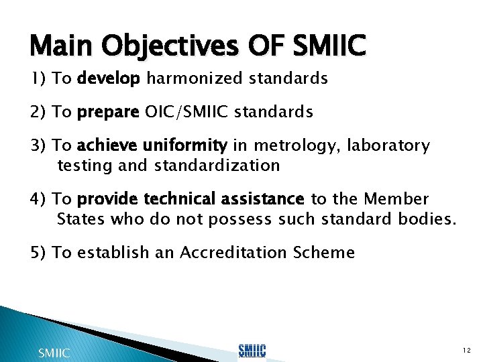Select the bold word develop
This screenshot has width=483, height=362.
pyautogui.click(x=109, y=79)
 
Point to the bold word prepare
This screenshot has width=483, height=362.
pyautogui.click(x=108, y=113)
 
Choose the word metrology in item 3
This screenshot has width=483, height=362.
pyautogui.click(x=288, y=145)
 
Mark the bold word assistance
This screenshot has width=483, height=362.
pyautogui.click(x=265, y=199)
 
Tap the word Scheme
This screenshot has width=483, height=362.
pyautogui.click(x=324, y=252)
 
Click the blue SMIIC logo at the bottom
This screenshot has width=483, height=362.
pyautogui.click(x=252, y=351)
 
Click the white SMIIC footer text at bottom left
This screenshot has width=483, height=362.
pyautogui.click(x=54, y=352)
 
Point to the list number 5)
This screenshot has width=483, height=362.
pyautogui.click(x=39, y=252)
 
